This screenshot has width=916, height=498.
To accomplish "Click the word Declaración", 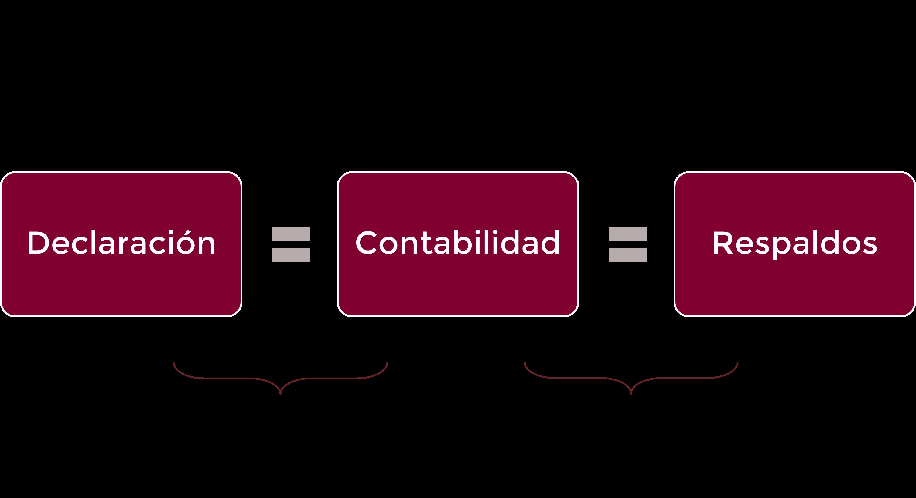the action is coord(121,243).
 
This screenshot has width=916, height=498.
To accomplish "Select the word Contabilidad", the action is coord(458,243).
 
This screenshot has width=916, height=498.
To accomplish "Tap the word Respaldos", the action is coord(795,244).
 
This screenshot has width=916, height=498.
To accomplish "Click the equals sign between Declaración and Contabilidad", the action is coord(291,244).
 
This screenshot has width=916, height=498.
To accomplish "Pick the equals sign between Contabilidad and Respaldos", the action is coord(627,244).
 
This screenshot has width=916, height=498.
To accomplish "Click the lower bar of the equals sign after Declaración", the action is coord(291,255).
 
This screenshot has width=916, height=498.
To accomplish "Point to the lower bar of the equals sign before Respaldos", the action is coord(627,255).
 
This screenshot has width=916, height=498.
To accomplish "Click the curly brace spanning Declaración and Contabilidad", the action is coord(280,378).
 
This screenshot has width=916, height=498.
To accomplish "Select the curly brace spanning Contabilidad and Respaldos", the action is coord(631,378).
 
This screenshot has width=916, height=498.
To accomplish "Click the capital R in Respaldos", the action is coord(723,243).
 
